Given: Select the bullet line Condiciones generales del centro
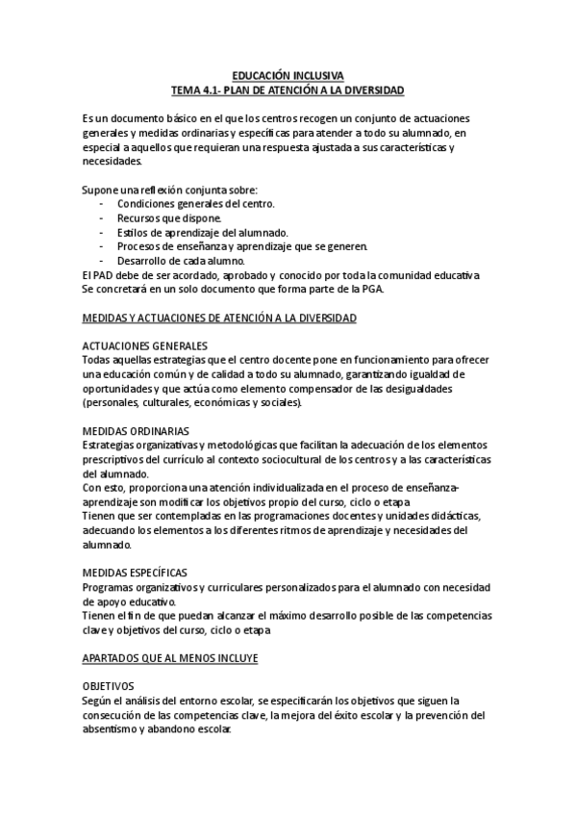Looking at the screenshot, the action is [x=195, y=204].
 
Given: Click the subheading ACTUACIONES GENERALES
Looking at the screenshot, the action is [x=147, y=345].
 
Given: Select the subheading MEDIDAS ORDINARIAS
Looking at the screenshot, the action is [x=136, y=430].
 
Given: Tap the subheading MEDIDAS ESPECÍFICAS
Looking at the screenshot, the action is [x=136, y=572].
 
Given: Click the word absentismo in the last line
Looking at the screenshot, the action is [x=113, y=729].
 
